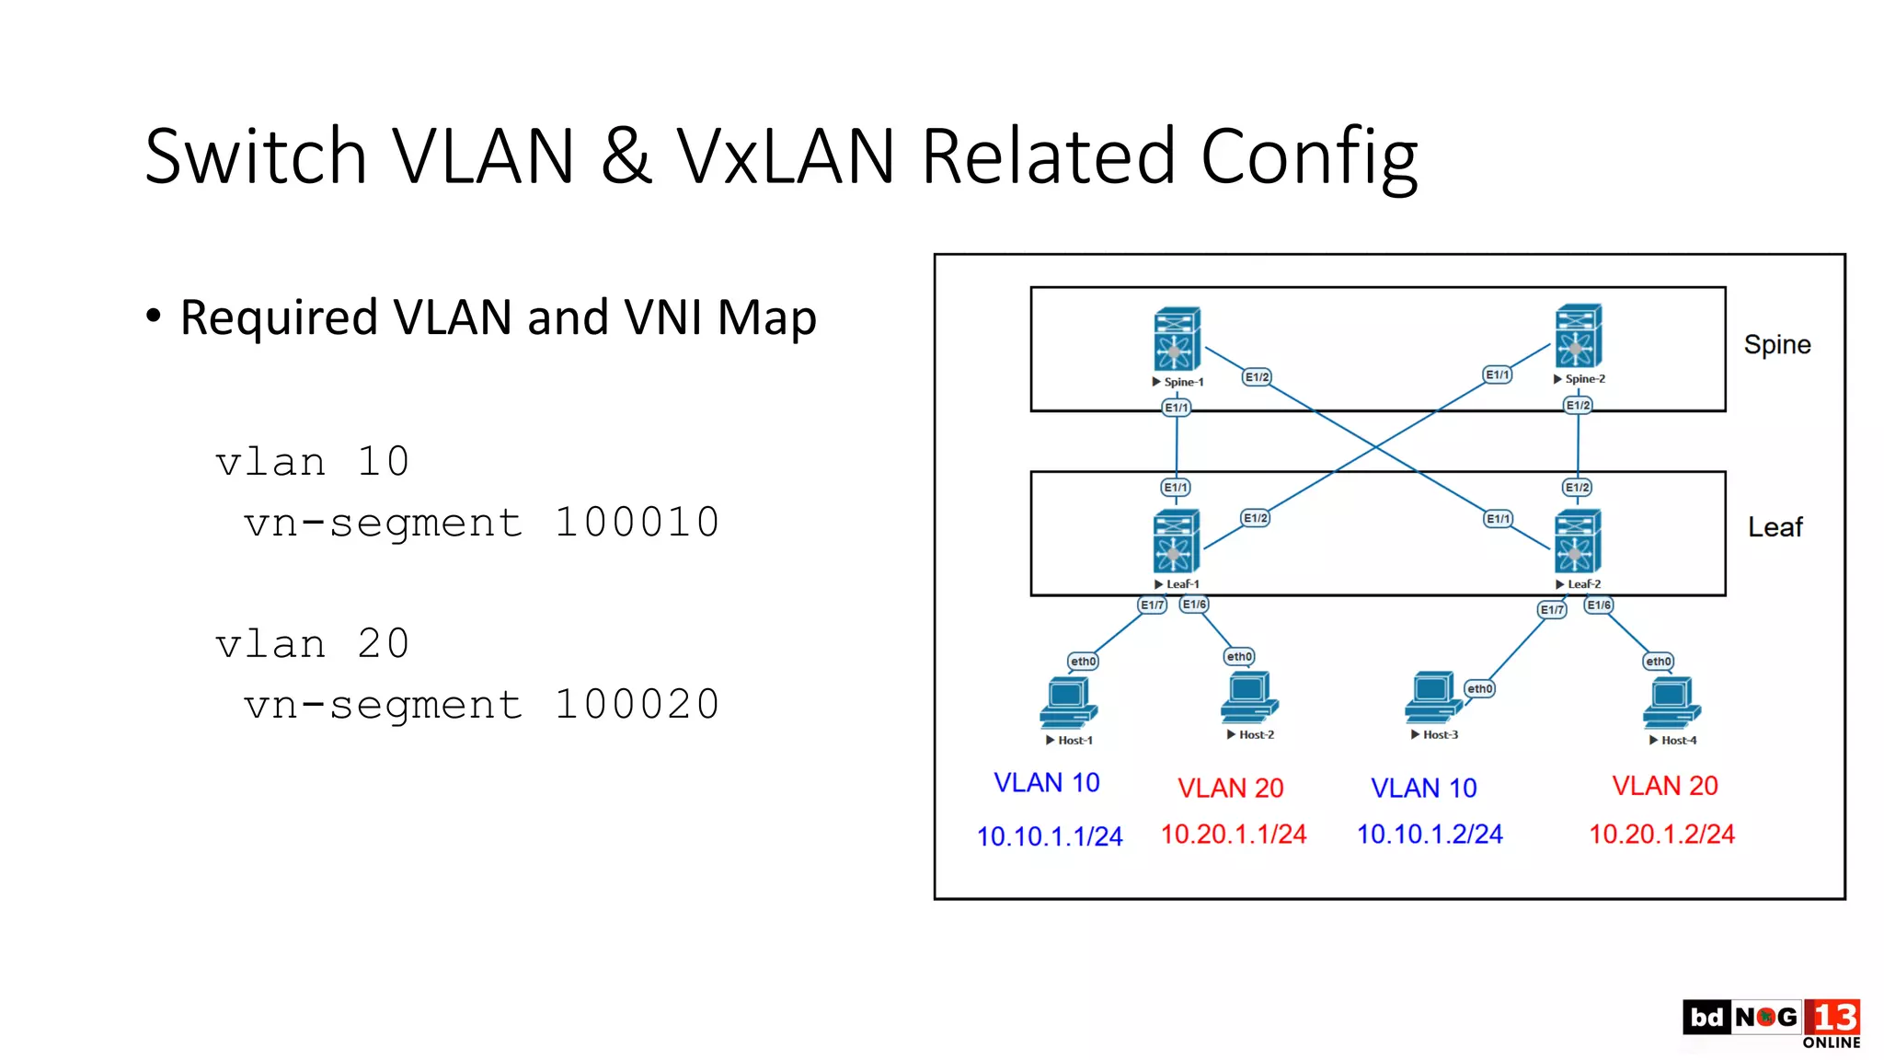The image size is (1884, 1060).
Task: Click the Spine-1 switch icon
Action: point(1177,339)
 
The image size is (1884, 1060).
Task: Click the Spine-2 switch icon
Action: point(1578,336)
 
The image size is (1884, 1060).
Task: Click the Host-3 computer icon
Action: point(1432,697)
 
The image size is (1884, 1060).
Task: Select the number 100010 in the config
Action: point(637,523)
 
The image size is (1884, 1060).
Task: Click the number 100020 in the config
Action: point(637,705)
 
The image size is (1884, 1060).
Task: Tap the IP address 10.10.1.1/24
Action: point(1050,836)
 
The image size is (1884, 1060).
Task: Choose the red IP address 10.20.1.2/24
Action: point(1661,834)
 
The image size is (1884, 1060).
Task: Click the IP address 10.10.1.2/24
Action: point(1430,834)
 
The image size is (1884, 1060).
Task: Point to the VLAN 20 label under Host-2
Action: point(1230,788)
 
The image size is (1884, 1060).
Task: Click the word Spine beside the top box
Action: point(1776,344)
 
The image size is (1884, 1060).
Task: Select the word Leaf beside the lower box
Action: point(1775,527)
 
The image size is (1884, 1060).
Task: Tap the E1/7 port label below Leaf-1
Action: point(1152,605)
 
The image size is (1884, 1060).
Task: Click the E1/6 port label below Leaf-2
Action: point(1599,605)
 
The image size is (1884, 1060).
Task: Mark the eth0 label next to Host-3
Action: point(1479,688)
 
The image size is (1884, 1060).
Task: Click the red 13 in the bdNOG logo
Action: point(1833,1017)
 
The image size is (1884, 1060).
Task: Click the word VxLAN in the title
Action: point(785,156)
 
